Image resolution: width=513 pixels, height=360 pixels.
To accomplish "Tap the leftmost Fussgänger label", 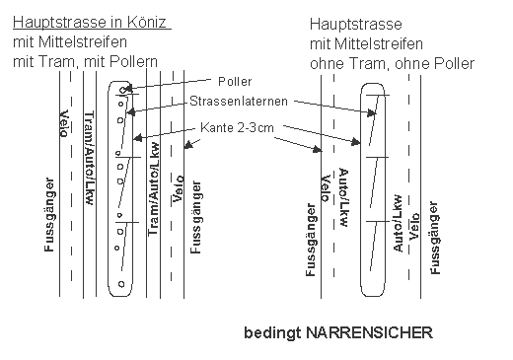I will coord(49,215).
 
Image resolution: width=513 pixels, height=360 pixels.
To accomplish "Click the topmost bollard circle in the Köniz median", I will coord(121,91).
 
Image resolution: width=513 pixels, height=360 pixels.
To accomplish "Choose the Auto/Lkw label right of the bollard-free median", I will coord(398,224).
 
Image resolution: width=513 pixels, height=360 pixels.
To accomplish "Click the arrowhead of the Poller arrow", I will coord(130,87).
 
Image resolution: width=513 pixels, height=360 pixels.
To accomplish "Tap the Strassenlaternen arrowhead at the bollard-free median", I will coord(376,113).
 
